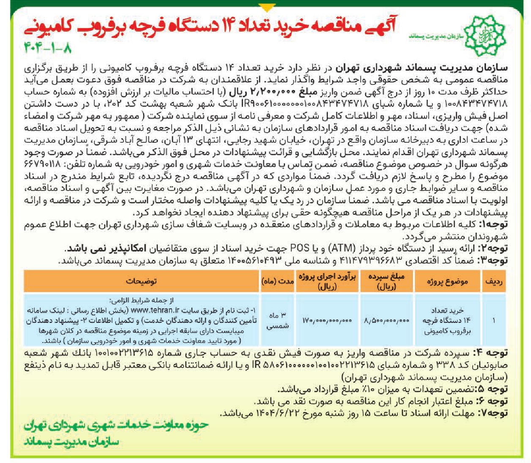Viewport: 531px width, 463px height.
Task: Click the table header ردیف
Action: pyautogui.click(x=493, y=281)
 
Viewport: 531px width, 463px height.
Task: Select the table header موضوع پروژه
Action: pyautogui.click(x=447, y=281)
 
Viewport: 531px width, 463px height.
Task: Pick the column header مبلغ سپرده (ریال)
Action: pyautogui.click(x=386, y=281)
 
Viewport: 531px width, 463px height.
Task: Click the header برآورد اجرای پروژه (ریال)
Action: pyautogui.click(x=327, y=281)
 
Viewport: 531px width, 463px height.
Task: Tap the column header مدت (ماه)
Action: pyautogui.click(x=277, y=281)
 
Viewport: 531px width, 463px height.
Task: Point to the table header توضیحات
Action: pyautogui.click(x=141, y=281)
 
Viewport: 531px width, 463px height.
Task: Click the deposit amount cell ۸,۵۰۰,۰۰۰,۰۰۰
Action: pyautogui.click(x=386, y=321)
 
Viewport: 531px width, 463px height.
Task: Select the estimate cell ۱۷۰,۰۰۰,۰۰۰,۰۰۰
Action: pyautogui.click(x=327, y=321)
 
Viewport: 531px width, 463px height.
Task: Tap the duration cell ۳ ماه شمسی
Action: pyautogui.click(x=277, y=321)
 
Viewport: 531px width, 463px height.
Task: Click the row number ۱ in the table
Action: pyautogui.click(x=493, y=321)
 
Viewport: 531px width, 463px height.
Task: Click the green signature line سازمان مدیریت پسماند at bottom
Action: pyautogui.click(x=71, y=442)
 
